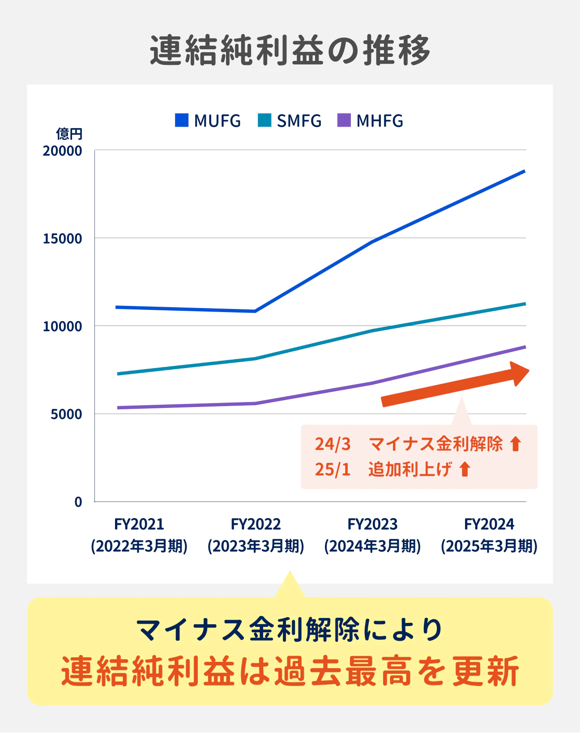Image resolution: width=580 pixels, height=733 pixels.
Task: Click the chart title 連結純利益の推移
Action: point(290,50)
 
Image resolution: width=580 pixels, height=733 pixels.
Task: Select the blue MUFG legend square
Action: point(182,120)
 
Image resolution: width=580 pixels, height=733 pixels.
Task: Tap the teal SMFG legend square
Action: point(264,120)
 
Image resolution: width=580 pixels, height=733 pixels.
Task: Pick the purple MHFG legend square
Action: point(344,120)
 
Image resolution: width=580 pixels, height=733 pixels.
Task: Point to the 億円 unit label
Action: point(69,133)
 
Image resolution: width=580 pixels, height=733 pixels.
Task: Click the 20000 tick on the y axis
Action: point(63,151)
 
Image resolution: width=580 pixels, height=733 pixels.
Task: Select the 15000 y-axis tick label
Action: point(63,239)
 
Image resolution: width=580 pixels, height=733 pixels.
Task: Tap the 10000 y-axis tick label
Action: point(63,326)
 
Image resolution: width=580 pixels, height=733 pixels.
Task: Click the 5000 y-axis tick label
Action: point(66,414)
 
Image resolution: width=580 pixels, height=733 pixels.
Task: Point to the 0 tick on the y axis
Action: point(78,502)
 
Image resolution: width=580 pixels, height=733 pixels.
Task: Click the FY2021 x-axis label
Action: point(139,524)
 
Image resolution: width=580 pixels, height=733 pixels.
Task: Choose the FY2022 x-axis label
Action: point(256,524)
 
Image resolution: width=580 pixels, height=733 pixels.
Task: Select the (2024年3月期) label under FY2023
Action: point(372,546)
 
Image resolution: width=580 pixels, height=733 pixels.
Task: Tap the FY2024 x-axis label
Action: point(489,524)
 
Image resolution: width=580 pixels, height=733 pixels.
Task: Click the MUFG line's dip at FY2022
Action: point(255,311)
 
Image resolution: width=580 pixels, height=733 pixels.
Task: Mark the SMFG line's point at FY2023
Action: point(373,331)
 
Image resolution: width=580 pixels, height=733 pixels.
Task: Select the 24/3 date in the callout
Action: point(333,444)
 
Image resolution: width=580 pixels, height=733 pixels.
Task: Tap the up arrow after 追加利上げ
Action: point(465,469)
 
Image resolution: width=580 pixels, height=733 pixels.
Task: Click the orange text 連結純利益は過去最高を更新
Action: point(290,671)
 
